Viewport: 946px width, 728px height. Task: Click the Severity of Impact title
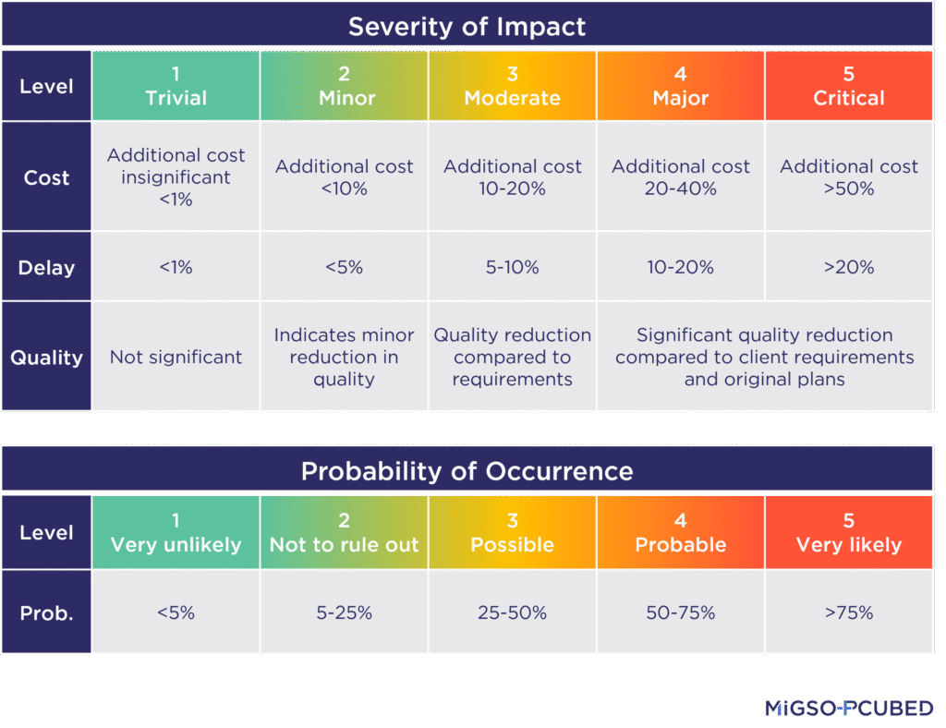(x=467, y=26)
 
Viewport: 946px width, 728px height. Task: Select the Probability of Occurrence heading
(x=467, y=471)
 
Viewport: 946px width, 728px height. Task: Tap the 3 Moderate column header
(x=512, y=86)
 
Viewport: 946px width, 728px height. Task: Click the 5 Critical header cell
(x=848, y=86)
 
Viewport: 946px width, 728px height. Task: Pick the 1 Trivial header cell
(x=176, y=86)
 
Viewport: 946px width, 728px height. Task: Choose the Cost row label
(x=46, y=177)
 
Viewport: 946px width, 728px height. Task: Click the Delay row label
(x=46, y=268)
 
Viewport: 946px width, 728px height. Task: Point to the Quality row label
(x=46, y=358)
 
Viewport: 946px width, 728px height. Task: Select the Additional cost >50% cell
(x=848, y=177)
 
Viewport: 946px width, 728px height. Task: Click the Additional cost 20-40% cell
(x=680, y=177)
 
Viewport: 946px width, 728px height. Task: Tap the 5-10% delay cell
(x=512, y=268)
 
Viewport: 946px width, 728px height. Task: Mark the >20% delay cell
(x=848, y=268)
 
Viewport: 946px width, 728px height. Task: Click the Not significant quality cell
(x=176, y=358)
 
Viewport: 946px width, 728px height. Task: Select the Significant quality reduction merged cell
(x=764, y=358)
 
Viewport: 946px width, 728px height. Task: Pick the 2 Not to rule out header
(x=344, y=533)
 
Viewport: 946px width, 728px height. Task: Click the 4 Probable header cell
(x=680, y=533)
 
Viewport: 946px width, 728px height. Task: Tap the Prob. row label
(x=46, y=613)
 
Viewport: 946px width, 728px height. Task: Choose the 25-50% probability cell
(x=512, y=613)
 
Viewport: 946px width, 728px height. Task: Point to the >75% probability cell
(x=848, y=613)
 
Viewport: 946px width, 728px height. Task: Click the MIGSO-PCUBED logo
(x=848, y=709)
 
